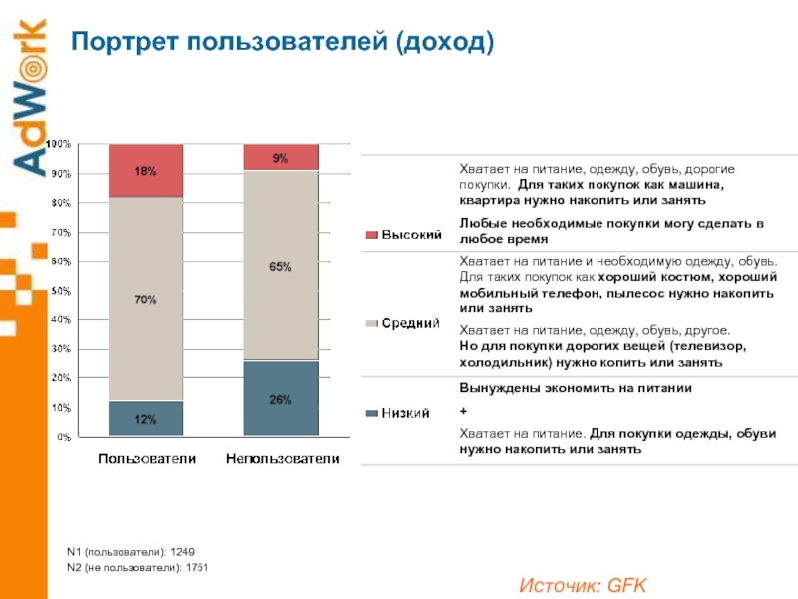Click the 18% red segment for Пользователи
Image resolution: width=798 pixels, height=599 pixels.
[x=146, y=171]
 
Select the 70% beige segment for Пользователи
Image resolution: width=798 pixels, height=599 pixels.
[x=146, y=299]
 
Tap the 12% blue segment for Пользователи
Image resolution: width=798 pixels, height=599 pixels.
[x=146, y=419]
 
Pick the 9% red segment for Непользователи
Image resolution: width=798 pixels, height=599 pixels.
[x=281, y=157]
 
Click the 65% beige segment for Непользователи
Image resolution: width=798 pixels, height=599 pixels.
[x=281, y=266]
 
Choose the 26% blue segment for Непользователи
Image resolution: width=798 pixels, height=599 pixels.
[x=281, y=399]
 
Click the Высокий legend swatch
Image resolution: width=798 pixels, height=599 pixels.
[x=371, y=235]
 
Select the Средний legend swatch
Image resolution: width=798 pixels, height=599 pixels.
[x=371, y=323]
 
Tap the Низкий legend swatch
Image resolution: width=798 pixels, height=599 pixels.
[x=371, y=413]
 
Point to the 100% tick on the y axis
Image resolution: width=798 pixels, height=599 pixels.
[x=61, y=145]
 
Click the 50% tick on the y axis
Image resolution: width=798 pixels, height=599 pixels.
[x=61, y=291]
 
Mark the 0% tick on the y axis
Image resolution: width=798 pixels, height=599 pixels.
[x=63, y=437]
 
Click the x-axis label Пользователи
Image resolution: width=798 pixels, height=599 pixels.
[x=146, y=459]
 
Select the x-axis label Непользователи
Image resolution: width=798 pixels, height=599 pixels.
[x=281, y=459]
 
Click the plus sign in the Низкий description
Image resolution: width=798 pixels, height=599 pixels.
[x=462, y=410]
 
